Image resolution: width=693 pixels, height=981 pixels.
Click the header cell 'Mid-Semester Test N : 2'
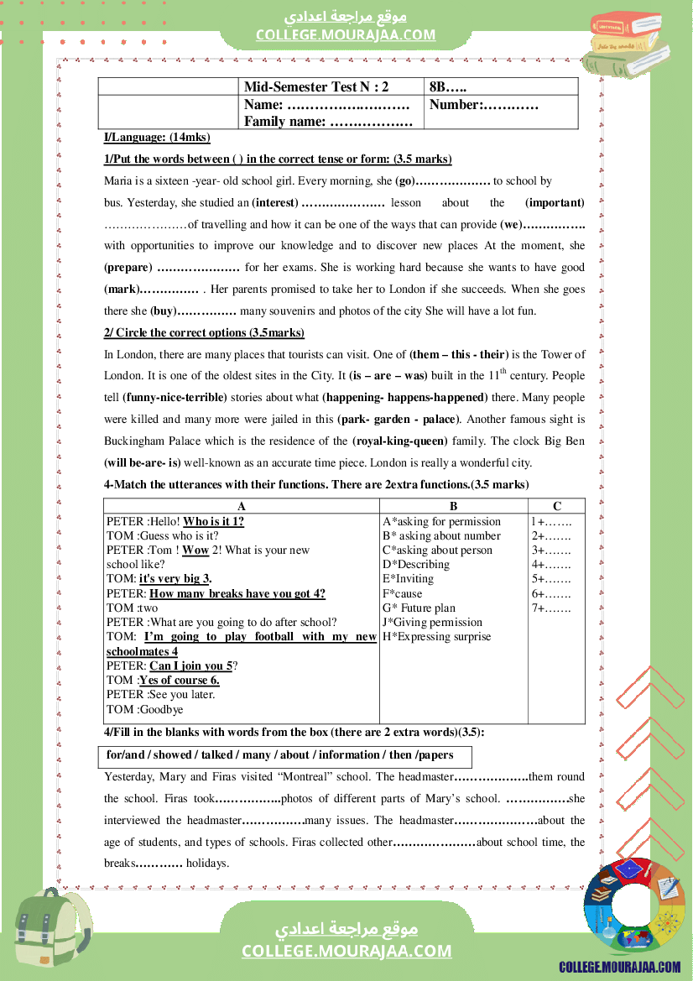pos(316,86)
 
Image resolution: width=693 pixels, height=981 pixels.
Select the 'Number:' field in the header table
pos(483,105)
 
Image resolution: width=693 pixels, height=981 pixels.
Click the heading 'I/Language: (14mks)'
pos(157,138)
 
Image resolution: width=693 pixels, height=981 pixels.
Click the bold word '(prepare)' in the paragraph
pos(128,268)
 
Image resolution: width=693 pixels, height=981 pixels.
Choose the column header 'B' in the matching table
pos(454,506)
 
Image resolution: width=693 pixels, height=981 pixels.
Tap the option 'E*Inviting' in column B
pos(408,579)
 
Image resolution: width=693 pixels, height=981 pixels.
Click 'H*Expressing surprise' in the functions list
pos(436,636)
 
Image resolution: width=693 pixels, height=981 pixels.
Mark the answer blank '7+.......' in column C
pos(551,608)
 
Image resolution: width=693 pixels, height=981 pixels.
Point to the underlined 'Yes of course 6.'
pos(180,680)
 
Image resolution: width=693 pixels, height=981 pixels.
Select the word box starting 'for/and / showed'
pos(285,755)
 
